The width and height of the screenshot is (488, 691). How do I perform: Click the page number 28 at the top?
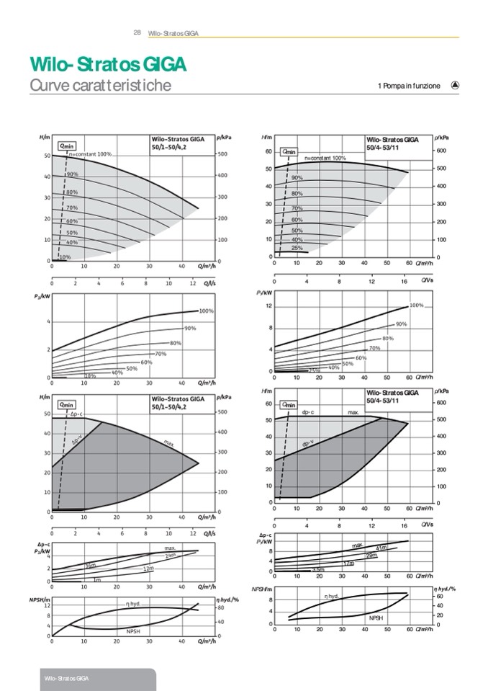click(137, 32)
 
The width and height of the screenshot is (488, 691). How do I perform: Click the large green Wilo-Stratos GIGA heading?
click(107, 64)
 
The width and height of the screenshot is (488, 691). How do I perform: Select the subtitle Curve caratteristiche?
click(100, 86)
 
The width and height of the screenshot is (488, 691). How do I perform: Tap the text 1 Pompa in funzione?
click(408, 86)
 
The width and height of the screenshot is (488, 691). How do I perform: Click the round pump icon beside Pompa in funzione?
click(455, 85)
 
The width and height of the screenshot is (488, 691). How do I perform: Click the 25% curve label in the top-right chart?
click(297, 248)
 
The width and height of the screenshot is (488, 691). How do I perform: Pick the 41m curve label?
click(381, 548)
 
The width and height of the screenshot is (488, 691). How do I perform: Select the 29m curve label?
click(371, 556)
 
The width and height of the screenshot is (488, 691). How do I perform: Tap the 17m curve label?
click(348, 563)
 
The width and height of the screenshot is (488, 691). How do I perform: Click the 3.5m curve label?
click(318, 570)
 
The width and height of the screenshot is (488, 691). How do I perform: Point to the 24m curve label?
click(171, 555)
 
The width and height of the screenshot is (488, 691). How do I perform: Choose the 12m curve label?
click(148, 569)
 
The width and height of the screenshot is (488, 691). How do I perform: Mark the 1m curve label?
click(97, 579)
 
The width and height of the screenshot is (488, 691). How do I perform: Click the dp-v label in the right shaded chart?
click(307, 444)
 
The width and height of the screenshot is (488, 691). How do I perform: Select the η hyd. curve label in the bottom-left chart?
click(132, 604)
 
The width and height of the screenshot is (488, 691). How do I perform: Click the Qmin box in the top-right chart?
click(289, 151)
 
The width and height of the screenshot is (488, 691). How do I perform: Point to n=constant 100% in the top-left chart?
click(89, 154)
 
